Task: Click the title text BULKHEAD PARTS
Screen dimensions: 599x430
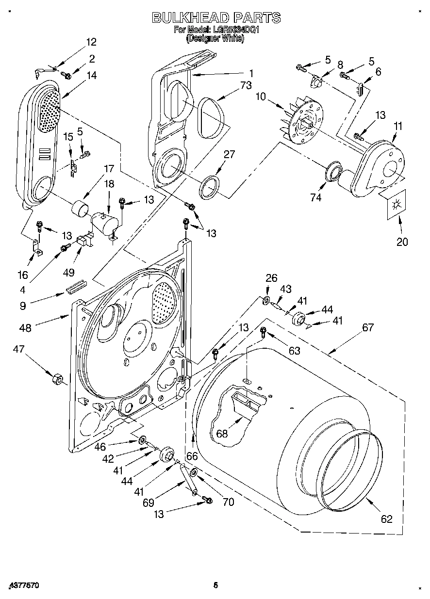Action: tap(216, 18)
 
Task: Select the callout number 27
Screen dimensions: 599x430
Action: tap(229, 155)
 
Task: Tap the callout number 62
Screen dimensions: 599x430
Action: tap(386, 519)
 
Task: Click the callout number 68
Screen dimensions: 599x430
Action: tap(222, 434)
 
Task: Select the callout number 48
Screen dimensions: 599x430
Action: tap(25, 328)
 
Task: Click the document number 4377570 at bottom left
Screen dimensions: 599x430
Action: tap(23, 586)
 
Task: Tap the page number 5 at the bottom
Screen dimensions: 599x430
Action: tap(215, 585)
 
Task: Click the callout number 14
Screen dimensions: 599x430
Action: tap(91, 76)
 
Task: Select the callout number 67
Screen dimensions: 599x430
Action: tap(368, 328)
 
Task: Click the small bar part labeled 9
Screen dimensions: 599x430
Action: tap(76, 286)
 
